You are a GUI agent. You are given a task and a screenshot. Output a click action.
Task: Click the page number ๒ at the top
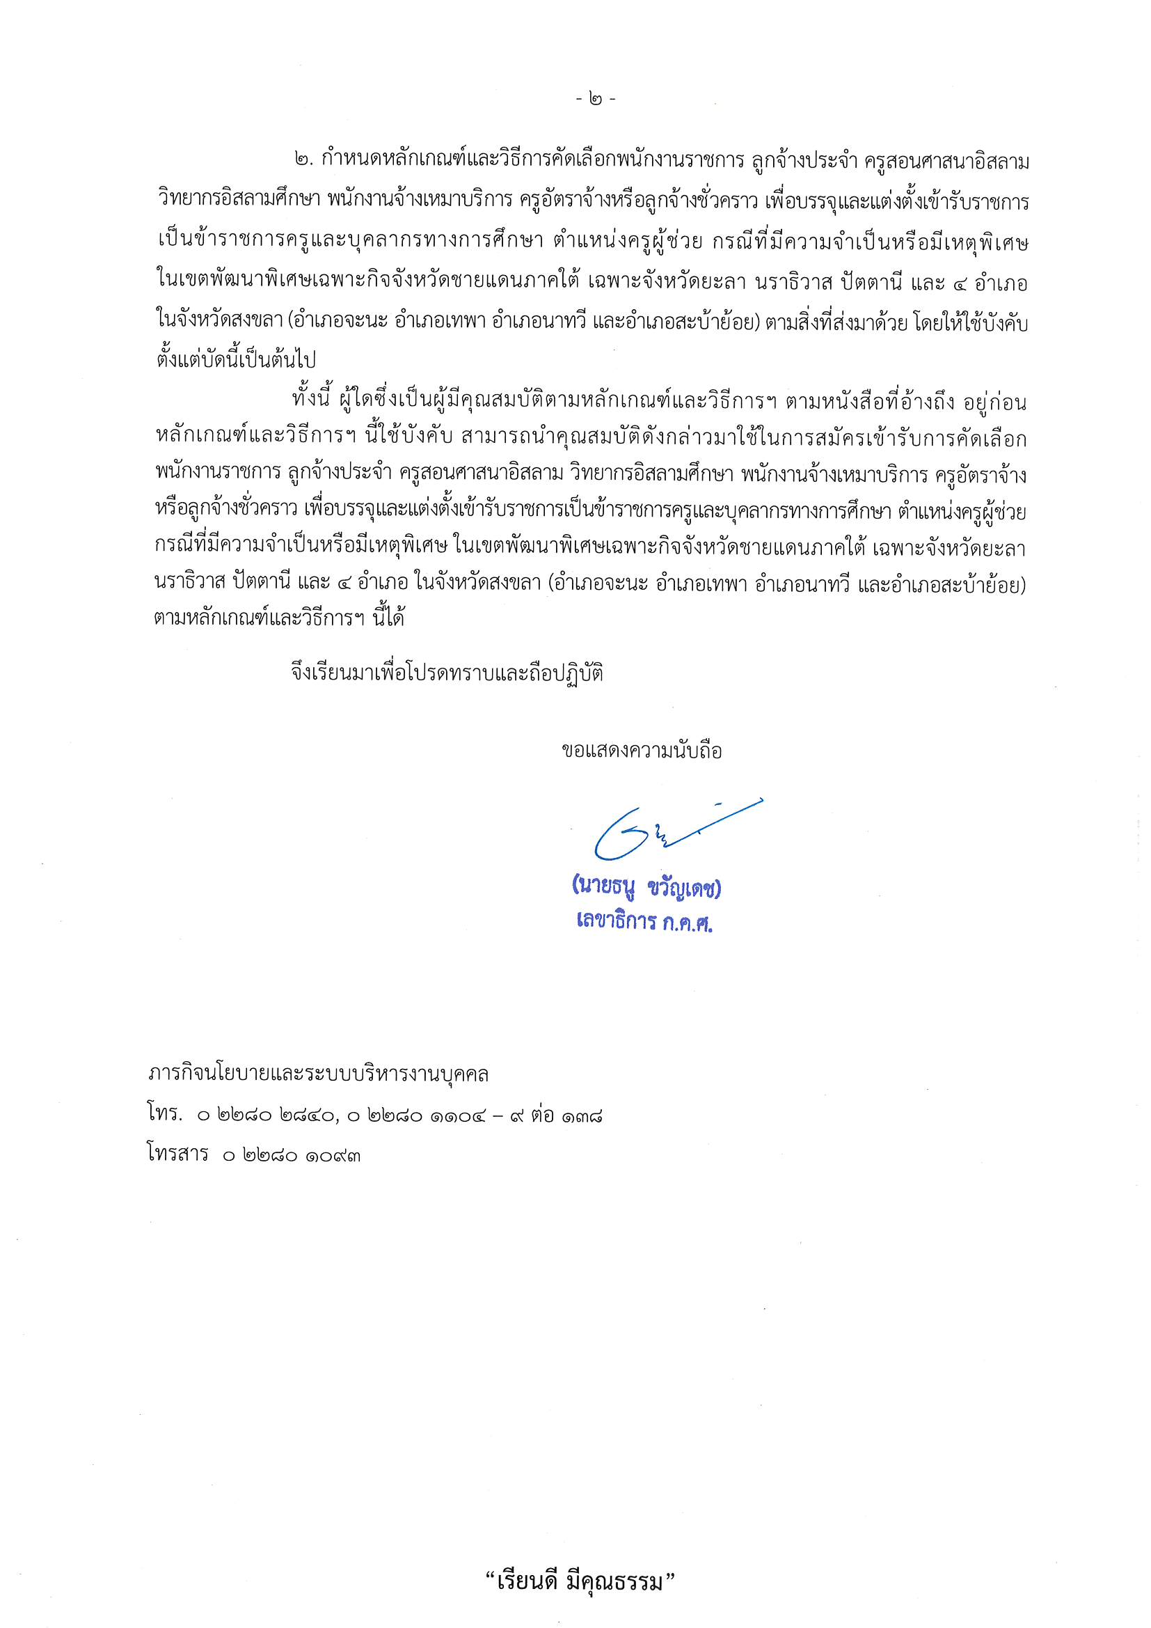[x=596, y=100]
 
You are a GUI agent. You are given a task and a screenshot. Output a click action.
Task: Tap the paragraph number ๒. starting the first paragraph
[x=303, y=162]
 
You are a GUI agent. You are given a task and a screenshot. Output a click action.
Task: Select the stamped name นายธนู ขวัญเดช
[x=646, y=889]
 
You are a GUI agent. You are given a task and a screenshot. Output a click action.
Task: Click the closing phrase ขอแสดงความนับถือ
[x=642, y=751]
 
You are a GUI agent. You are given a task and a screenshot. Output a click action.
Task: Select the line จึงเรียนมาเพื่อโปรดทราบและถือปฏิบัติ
[x=447, y=673]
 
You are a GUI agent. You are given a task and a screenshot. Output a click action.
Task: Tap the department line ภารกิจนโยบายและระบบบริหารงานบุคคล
[x=318, y=1075]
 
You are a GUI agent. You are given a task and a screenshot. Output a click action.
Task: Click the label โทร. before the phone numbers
[x=164, y=1116]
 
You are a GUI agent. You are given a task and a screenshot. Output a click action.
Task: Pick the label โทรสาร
[x=178, y=1155]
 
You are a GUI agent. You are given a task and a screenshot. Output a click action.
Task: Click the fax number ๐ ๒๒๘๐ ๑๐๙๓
[x=292, y=1156]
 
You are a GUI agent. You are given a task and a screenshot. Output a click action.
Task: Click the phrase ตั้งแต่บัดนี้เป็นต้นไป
[x=235, y=359]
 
